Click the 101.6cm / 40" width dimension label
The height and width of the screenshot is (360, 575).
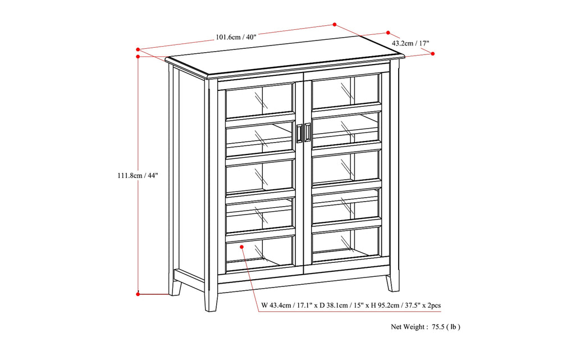click(236, 38)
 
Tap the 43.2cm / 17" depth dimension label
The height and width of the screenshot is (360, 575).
click(410, 43)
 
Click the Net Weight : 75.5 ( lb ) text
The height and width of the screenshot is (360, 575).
click(426, 326)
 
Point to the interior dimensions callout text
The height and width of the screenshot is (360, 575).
click(351, 306)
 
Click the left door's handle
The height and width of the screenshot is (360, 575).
click(299, 134)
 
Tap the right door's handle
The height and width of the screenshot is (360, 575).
click(308, 134)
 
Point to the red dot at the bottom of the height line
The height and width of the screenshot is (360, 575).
click(138, 293)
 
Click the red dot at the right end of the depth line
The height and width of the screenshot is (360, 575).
click(433, 53)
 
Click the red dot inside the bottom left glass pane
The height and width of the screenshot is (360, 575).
click(241, 246)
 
